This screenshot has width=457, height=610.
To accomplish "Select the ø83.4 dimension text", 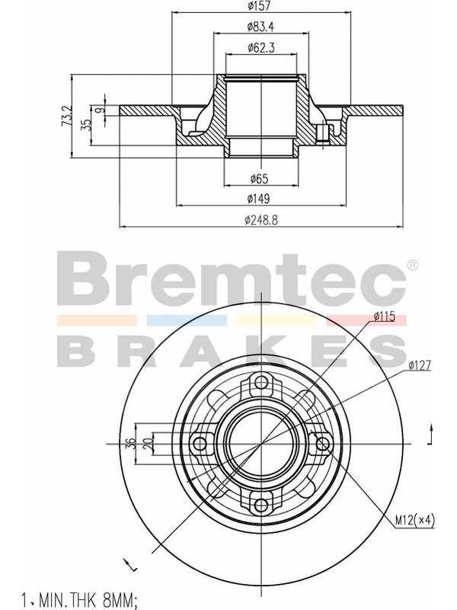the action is pyautogui.click(x=261, y=27).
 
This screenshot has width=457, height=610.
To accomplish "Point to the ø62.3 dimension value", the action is pyautogui.click(x=261, y=48).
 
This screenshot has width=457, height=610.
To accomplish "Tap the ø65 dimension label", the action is pyautogui.click(x=260, y=179).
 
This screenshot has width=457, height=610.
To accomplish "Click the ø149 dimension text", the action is pyautogui.click(x=259, y=199).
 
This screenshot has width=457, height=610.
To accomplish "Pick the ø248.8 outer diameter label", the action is pyautogui.click(x=261, y=220).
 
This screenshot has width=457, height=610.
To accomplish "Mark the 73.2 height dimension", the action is pyautogui.click(x=67, y=116).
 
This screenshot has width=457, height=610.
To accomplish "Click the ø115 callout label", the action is pyautogui.click(x=385, y=316).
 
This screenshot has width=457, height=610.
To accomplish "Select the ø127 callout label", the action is pyautogui.click(x=420, y=365).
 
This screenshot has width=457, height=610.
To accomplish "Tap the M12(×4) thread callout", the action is pyautogui.click(x=414, y=520).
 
